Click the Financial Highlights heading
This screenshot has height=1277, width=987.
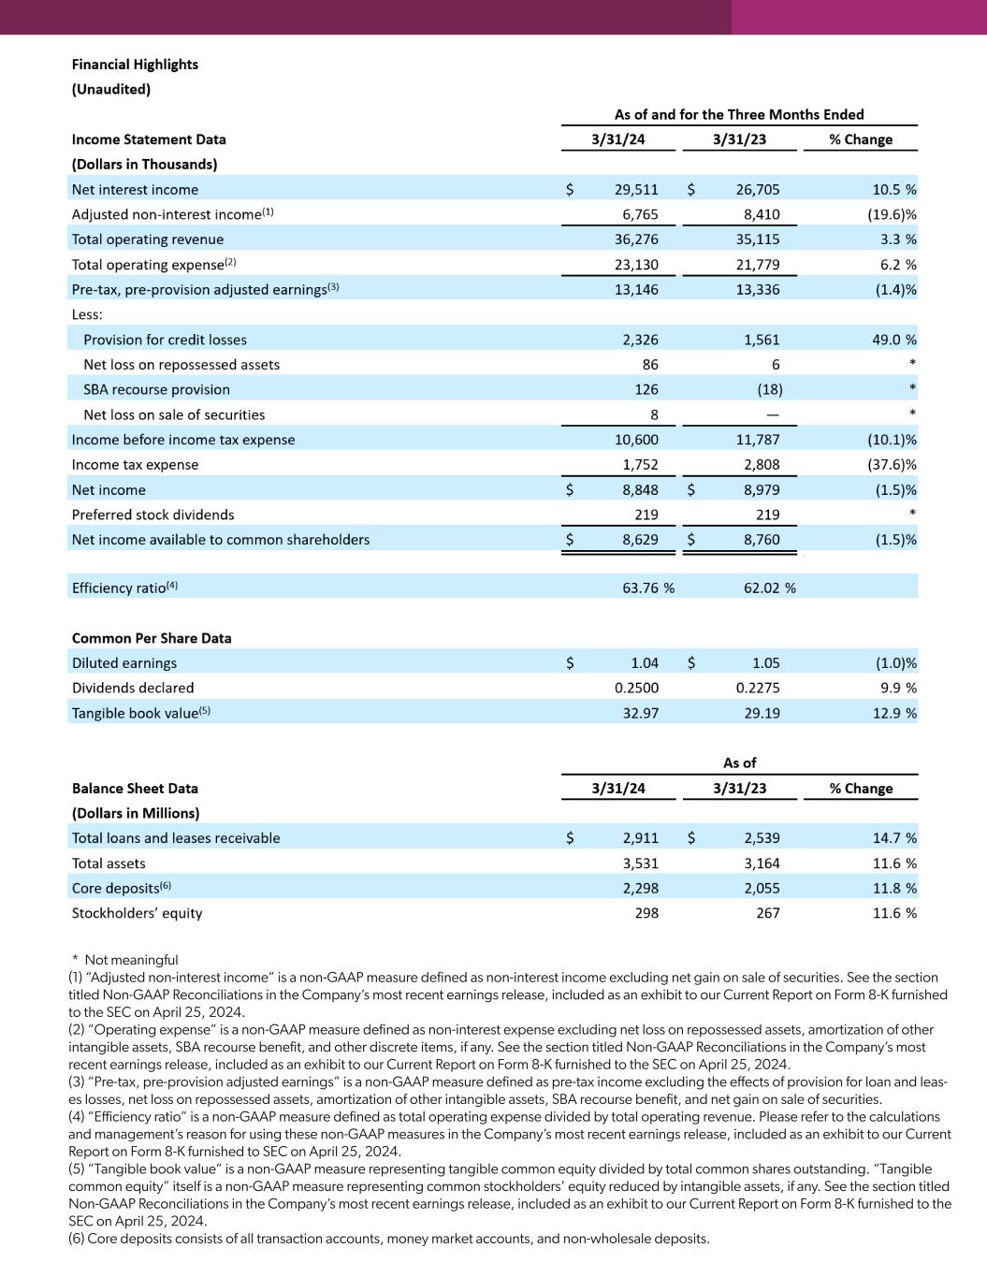pyautogui.click(x=135, y=65)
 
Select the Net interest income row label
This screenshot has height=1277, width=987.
pyautogui.click(x=135, y=190)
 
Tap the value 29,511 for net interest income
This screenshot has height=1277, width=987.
pyautogui.click(x=636, y=190)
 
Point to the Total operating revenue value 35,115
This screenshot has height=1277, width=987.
pyautogui.click(x=758, y=239)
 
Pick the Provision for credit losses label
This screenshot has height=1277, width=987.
pyautogui.click(x=165, y=340)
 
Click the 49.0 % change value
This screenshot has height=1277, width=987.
pyautogui.click(x=894, y=340)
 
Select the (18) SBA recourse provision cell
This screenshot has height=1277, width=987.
pyautogui.click(x=769, y=389)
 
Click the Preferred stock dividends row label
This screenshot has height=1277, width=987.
pyautogui.click(x=152, y=515)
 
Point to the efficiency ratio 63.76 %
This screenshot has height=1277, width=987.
pyautogui.click(x=648, y=588)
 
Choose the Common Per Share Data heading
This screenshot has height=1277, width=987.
pyautogui.click(x=152, y=638)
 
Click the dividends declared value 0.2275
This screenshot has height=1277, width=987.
pyautogui.click(x=758, y=688)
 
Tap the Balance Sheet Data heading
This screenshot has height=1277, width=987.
pyautogui.click(x=135, y=789)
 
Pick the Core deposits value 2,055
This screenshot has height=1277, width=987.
pyautogui.click(x=762, y=889)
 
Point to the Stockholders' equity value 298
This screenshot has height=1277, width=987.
pyautogui.click(x=646, y=913)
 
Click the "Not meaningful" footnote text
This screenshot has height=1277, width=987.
pyautogui.click(x=131, y=960)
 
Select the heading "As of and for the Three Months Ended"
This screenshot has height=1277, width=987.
pyautogui.click(x=739, y=114)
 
